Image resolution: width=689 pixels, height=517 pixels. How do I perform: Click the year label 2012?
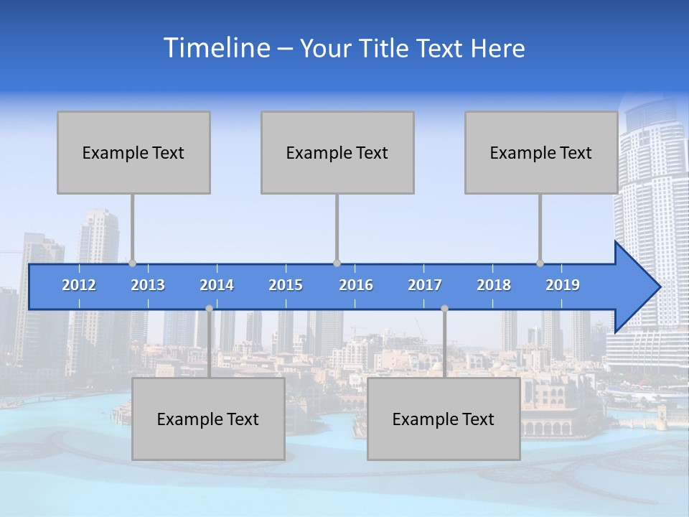point(79,285)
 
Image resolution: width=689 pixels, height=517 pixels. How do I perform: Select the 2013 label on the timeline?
point(148,285)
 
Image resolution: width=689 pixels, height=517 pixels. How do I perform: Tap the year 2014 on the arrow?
point(217,285)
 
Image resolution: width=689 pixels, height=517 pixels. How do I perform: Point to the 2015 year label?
point(286,285)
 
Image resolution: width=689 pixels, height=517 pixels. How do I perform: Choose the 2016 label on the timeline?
point(356,285)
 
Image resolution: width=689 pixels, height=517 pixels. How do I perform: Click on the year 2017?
point(425,285)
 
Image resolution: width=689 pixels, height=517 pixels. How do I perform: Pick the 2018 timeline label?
point(494,285)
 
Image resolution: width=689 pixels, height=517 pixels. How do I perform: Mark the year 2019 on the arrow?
point(563,285)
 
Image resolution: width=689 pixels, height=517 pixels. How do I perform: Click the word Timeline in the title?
point(215,48)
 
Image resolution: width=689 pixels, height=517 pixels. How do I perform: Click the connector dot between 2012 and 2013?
point(132,264)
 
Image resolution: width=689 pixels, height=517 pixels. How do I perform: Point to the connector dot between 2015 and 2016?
point(337,264)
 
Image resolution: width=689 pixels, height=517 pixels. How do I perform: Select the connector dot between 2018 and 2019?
point(540,264)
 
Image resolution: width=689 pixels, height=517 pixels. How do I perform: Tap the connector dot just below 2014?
point(209,309)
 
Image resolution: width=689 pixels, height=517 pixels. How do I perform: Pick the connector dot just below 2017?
point(444,309)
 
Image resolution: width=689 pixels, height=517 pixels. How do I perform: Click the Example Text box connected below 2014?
point(208,419)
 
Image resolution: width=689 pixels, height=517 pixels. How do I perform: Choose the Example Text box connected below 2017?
point(444,419)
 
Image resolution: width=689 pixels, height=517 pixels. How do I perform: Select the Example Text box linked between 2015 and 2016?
point(337,152)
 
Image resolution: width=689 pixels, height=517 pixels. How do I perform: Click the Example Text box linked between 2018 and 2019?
point(541,152)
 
